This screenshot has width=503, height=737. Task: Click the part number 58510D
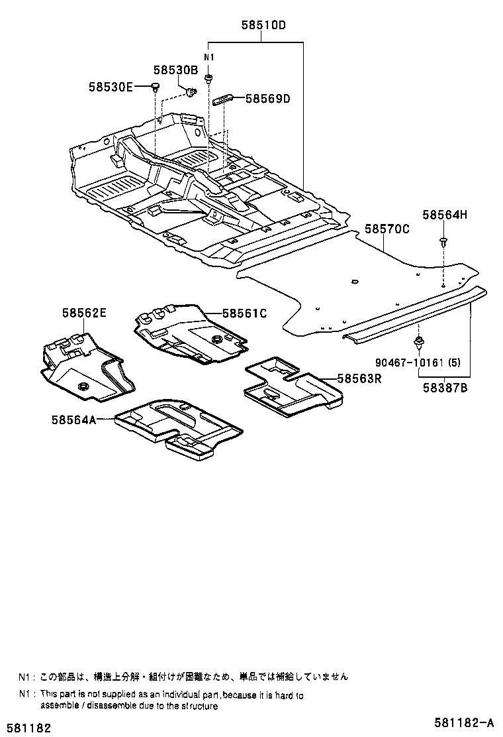point(263,27)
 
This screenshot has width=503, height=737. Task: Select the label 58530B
point(176,70)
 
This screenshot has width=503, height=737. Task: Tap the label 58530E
point(111,87)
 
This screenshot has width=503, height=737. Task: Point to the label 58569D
point(268,99)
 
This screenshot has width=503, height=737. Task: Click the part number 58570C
point(387,230)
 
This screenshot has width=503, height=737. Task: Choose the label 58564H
point(445,214)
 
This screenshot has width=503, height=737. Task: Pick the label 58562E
point(84,312)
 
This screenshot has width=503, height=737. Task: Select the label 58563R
point(359,378)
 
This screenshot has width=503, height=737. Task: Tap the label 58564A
point(73,418)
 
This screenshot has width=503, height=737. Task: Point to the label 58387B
point(445,389)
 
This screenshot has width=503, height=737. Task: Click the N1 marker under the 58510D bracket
point(208,58)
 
